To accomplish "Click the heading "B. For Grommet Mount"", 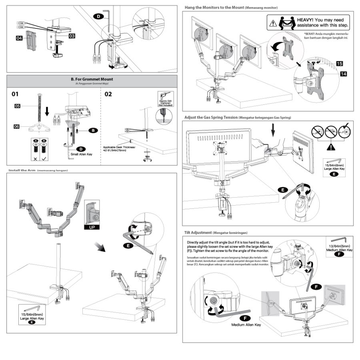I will click(92, 79).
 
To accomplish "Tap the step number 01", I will click(15, 94).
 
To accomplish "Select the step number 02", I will click(108, 94).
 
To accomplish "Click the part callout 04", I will click(19, 38).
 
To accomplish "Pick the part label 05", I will click(17, 106).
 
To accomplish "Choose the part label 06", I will click(17, 126).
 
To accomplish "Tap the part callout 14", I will click(344, 74).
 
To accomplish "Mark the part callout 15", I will click(339, 64).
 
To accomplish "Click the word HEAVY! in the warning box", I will click(305, 20).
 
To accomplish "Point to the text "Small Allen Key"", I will click(84, 154).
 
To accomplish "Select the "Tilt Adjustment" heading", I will click(198, 232).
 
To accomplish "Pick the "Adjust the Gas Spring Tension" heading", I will click(210, 118).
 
